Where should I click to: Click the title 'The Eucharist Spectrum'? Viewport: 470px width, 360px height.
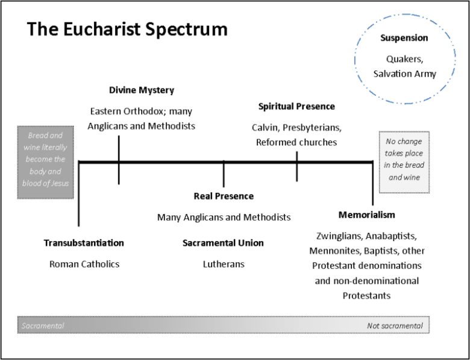point(127,30)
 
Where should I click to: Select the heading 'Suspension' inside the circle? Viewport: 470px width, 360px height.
point(404,38)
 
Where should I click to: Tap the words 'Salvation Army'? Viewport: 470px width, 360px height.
point(404,74)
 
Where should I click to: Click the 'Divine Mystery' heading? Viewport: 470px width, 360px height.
point(142,90)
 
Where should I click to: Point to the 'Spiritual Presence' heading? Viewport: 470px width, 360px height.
point(296,107)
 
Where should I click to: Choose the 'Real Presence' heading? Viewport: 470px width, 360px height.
point(224,196)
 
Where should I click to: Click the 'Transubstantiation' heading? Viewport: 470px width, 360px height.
point(84,243)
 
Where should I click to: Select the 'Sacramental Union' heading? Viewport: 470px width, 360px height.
point(223,243)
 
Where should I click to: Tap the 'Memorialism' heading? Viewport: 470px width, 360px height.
point(366,215)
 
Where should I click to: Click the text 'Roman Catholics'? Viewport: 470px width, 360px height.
point(84,264)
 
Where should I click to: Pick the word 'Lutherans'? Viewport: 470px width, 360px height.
point(224,264)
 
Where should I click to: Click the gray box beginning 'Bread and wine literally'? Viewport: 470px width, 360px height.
point(46,162)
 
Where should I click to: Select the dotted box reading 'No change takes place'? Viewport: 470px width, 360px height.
point(404,161)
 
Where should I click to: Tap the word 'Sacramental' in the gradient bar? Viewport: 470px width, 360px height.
point(43,326)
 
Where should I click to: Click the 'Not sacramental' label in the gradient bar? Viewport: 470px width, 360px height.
point(395,326)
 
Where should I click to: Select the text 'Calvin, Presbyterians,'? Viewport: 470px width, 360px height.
point(296,128)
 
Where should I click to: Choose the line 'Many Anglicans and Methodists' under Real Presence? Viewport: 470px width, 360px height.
point(224,217)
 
